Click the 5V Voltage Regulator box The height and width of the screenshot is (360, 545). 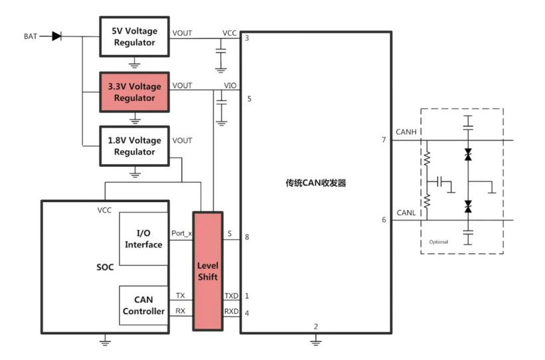click(x=134, y=37)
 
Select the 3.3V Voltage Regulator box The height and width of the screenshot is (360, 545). click(x=134, y=92)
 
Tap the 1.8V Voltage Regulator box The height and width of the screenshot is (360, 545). click(x=134, y=146)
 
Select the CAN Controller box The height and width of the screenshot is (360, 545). click(x=144, y=306)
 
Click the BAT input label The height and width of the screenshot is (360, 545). click(x=31, y=36)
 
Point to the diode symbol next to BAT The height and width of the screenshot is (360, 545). click(x=56, y=36)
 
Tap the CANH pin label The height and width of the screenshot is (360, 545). click(x=405, y=132)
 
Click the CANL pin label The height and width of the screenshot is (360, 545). click(x=405, y=213)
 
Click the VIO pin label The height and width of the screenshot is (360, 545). click(x=230, y=86)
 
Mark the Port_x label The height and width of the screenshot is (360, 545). click(x=181, y=233)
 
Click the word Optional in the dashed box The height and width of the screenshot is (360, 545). click(x=439, y=242)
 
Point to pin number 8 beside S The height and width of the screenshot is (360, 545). click(x=247, y=237)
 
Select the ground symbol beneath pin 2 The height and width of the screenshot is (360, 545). click(x=316, y=340)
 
